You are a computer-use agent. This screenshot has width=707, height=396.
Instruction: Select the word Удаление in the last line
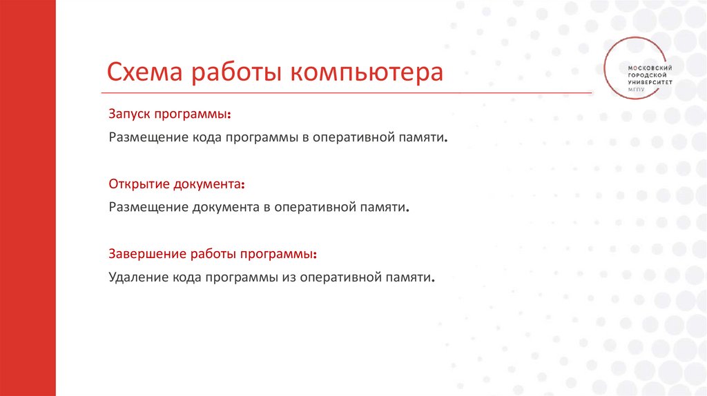pyautogui.click(x=135, y=277)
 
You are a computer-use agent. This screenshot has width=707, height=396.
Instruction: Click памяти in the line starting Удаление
pyautogui.click(x=411, y=277)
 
